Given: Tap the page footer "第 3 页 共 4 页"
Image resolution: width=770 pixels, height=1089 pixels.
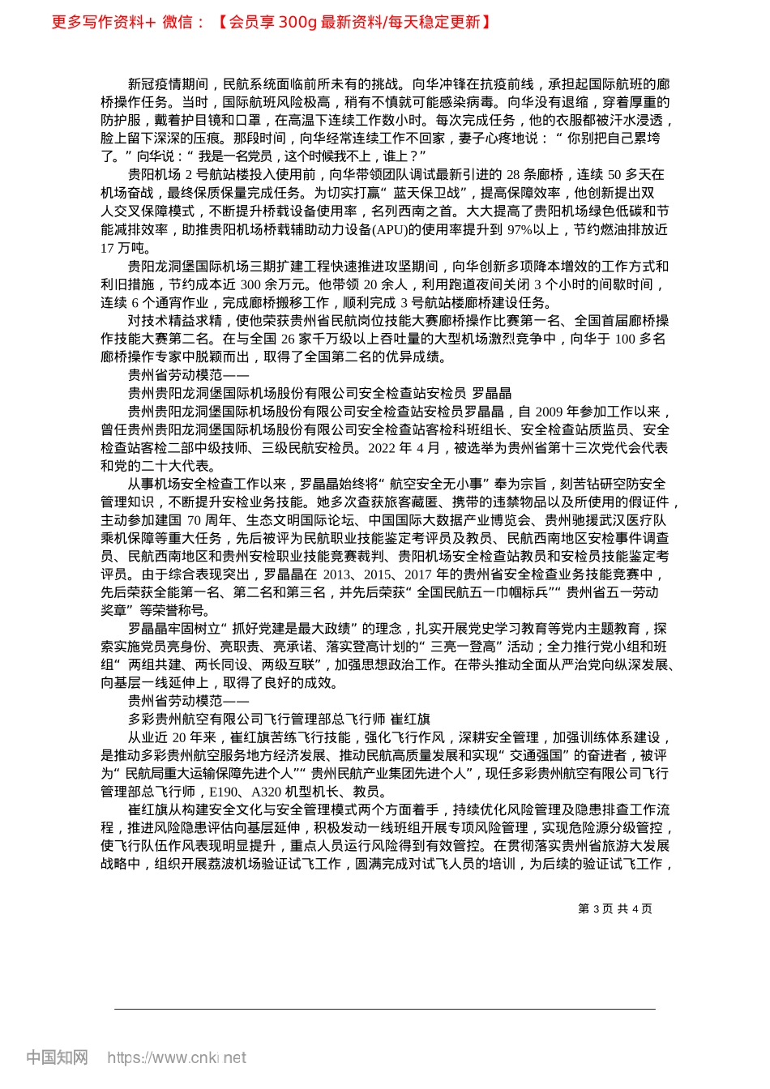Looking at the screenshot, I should pyautogui.click(x=614, y=909).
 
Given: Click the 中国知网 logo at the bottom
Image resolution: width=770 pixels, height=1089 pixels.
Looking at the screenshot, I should pyautogui.click(x=57, y=1057).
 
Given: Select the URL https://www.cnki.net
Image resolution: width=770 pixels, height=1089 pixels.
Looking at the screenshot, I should pyautogui.click(x=177, y=1057).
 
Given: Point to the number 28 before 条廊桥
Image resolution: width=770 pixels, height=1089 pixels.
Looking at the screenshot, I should pyautogui.click(x=514, y=175).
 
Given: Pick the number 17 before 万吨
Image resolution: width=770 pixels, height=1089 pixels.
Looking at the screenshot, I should pyautogui.click(x=108, y=248).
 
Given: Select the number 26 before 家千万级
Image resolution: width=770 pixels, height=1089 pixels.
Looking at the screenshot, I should pyautogui.click(x=288, y=339).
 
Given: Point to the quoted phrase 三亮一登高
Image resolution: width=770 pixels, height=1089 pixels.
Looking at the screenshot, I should pyautogui.click(x=468, y=647).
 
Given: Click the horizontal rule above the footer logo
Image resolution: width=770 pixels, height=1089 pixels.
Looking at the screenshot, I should pyautogui.click(x=385, y=1009).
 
